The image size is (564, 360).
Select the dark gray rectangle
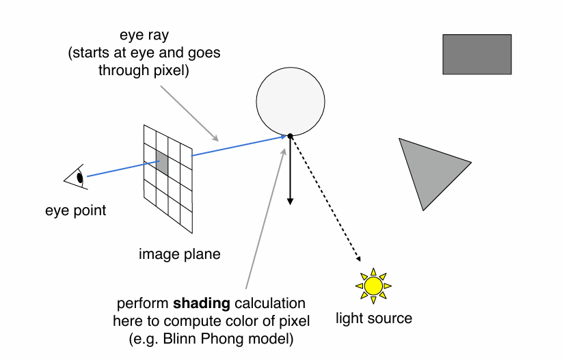tap(476, 54)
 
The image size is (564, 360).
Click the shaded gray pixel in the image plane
tap(162, 162)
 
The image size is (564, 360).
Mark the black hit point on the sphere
tap(290, 136)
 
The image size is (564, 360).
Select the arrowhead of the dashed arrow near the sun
tap(358, 259)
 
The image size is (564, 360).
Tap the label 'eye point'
tap(76, 210)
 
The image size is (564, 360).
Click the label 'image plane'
tap(180, 254)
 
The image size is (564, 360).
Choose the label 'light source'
tap(374, 318)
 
